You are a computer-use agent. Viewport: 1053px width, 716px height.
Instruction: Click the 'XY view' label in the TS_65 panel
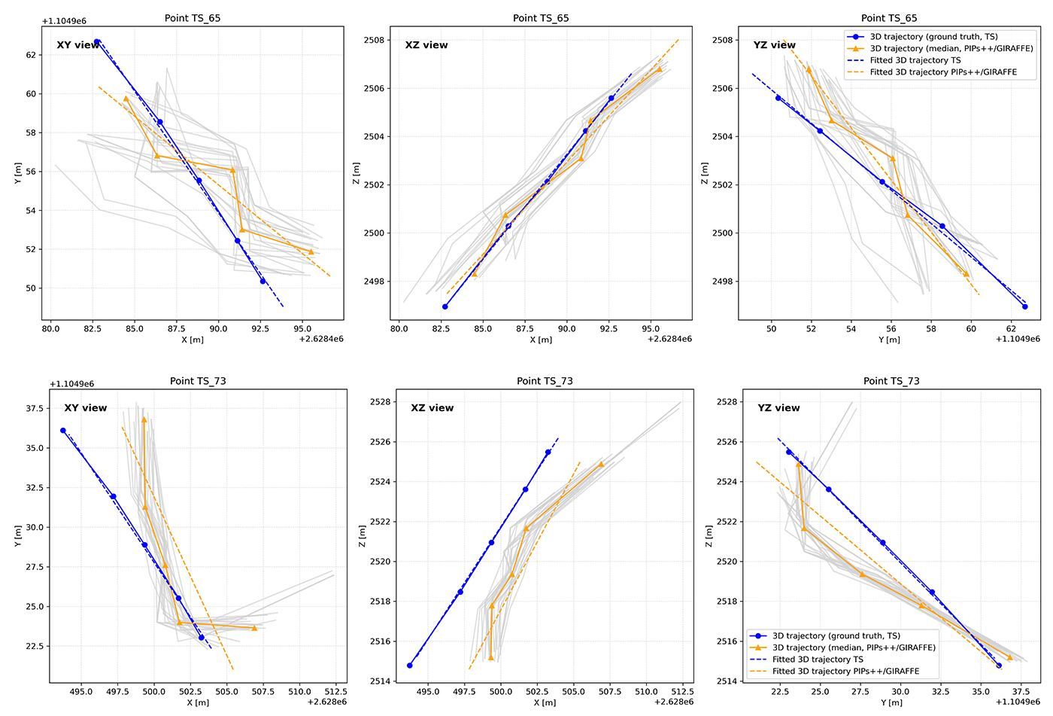point(78,45)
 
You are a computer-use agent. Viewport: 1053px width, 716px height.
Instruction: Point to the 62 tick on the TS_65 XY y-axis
point(31,55)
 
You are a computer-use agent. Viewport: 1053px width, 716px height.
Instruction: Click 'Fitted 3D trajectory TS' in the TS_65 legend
point(915,60)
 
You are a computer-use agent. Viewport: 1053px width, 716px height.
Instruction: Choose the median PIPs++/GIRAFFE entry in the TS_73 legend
point(854,647)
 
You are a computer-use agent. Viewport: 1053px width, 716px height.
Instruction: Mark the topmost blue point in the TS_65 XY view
point(96,41)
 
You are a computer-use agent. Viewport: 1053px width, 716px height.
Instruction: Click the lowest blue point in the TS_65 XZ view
point(445,306)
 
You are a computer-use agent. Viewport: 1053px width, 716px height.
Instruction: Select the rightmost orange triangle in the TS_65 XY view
point(311,251)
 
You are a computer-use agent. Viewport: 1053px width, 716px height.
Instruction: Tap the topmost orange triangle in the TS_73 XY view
point(144,419)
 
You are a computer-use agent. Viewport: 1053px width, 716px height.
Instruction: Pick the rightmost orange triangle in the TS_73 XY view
point(254,628)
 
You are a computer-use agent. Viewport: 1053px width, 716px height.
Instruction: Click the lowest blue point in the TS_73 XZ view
point(410,666)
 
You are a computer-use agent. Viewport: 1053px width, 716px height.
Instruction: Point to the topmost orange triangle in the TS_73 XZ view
point(601,464)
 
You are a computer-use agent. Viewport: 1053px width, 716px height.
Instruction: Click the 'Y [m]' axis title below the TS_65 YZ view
point(889,340)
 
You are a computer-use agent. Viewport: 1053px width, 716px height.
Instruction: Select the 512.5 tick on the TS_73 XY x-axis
point(335,691)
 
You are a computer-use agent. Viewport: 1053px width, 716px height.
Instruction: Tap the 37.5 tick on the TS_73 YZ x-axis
point(1021,691)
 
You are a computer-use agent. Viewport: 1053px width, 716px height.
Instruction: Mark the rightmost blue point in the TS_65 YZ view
point(1024,306)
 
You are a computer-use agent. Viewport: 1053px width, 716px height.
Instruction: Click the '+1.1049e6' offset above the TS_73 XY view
point(71,384)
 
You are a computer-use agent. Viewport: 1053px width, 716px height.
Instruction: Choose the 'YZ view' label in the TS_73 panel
point(778,408)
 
